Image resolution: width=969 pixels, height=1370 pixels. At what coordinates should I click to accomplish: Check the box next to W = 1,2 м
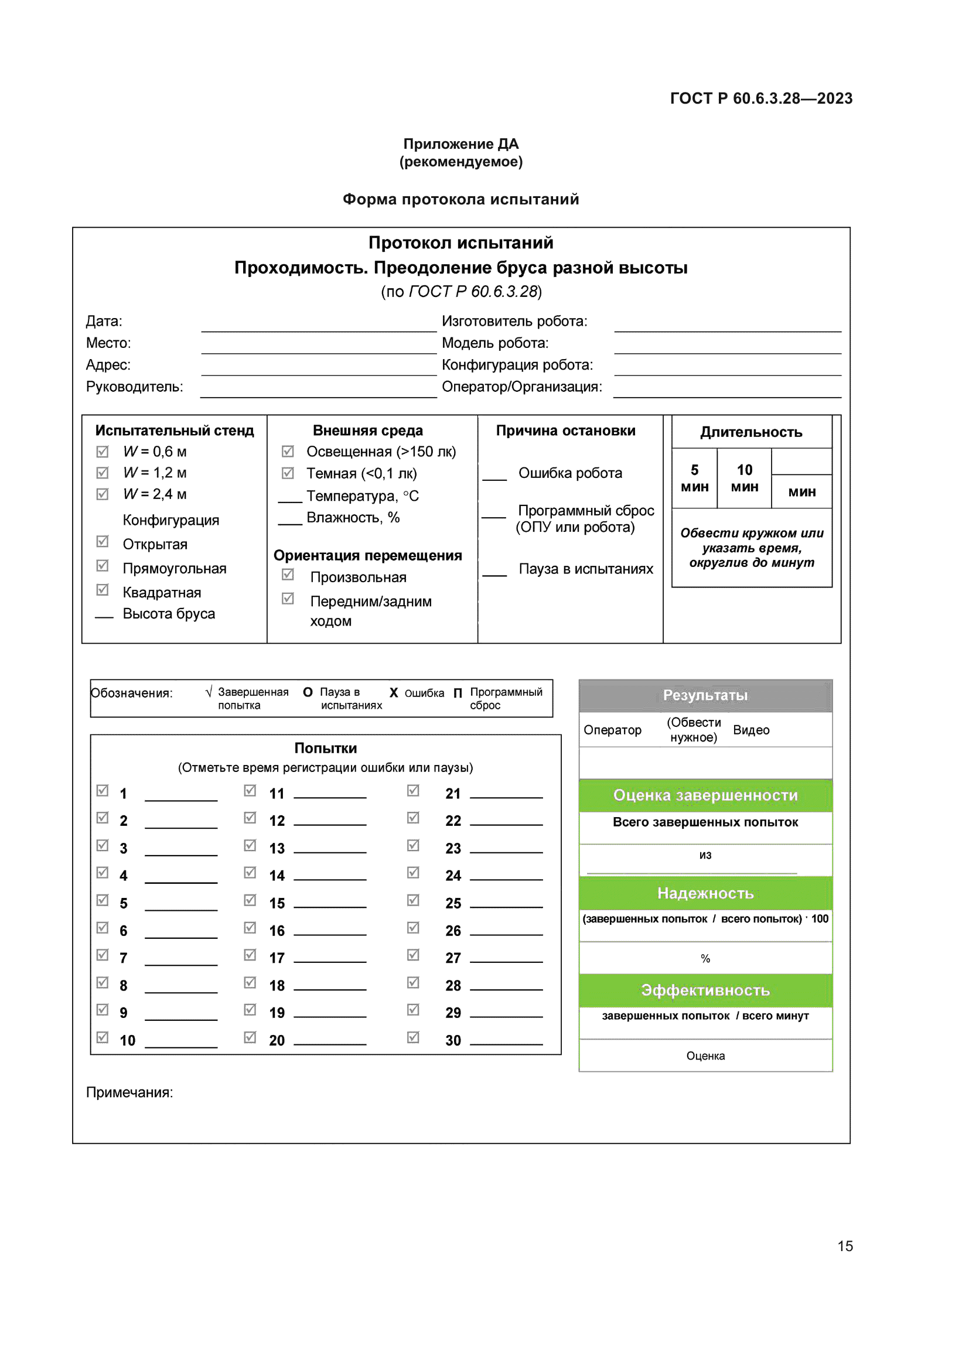click(x=103, y=473)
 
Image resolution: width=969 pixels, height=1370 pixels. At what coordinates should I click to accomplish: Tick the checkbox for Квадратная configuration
click(x=103, y=590)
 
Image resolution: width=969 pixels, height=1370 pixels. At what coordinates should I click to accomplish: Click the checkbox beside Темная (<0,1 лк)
click(x=288, y=473)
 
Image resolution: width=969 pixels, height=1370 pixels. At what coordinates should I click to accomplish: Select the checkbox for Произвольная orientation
click(x=288, y=575)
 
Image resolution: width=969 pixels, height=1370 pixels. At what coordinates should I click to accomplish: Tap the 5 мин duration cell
click(x=695, y=478)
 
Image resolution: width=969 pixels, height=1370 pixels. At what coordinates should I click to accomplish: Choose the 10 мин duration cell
click(x=744, y=478)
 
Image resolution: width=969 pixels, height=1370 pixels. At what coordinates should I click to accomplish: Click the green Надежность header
click(x=705, y=893)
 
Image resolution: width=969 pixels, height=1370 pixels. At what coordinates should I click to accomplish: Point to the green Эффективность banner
click(x=705, y=990)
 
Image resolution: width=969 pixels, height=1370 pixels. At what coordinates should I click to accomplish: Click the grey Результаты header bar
click(x=705, y=695)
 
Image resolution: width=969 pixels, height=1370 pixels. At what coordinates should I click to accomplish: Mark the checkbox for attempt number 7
click(x=103, y=955)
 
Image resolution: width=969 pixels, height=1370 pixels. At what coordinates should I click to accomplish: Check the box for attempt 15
click(x=250, y=900)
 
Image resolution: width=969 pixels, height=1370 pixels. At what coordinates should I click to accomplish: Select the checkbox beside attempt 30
click(x=413, y=1037)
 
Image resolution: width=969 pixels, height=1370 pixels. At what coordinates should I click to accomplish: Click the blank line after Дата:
click(x=319, y=326)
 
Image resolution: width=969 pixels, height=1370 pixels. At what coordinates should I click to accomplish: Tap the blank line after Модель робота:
click(x=728, y=348)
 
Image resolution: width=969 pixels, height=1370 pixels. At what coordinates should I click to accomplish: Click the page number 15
click(x=845, y=1246)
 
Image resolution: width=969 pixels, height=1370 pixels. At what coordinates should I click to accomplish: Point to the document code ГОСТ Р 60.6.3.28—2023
click(x=761, y=98)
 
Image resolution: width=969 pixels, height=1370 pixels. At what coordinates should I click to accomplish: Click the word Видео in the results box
click(x=750, y=730)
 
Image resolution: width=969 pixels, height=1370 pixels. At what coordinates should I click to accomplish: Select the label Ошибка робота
click(x=570, y=473)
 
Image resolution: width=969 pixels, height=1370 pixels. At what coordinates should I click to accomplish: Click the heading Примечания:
click(x=129, y=1092)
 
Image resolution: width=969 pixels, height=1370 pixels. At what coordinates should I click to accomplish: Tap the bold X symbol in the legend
click(x=394, y=693)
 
